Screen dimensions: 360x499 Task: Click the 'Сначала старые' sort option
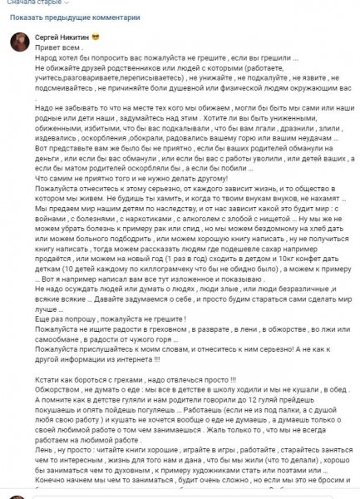(32, 3)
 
